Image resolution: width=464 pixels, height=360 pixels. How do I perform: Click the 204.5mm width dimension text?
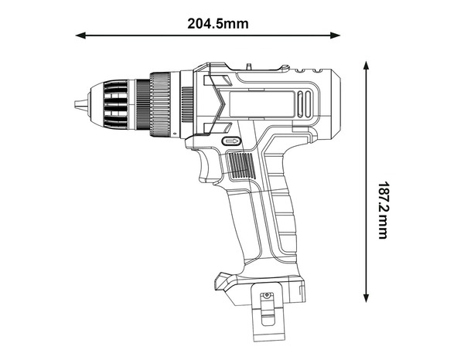(217, 22)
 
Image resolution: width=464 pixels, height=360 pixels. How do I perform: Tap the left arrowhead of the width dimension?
(80, 35)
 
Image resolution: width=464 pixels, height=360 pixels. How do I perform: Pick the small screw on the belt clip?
(267, 296)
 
